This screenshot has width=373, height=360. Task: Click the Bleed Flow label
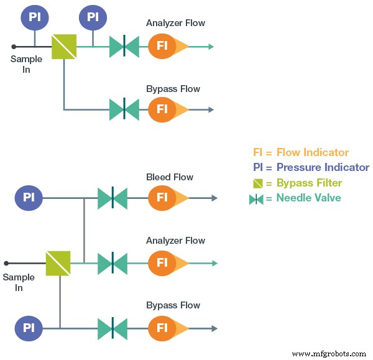169,177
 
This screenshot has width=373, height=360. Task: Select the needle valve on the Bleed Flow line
113,198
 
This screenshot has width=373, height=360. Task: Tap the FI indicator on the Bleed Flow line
162,198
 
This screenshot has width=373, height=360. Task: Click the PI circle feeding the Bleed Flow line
29,198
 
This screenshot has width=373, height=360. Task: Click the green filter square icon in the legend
258,183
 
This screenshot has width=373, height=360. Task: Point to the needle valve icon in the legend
256,199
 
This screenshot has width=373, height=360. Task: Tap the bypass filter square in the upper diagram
63,46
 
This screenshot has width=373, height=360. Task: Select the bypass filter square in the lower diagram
58,263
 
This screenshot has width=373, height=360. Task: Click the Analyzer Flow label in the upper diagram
175,24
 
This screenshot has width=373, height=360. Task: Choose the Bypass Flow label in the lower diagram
173,305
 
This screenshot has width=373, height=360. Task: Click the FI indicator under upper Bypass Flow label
162,109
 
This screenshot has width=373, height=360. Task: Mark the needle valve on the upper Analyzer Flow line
124,46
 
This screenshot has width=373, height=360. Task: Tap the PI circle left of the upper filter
35,17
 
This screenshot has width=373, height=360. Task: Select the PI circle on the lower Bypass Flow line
29,327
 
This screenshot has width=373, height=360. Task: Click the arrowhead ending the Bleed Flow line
214,198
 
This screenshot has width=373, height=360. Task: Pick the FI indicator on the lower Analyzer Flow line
162,263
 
